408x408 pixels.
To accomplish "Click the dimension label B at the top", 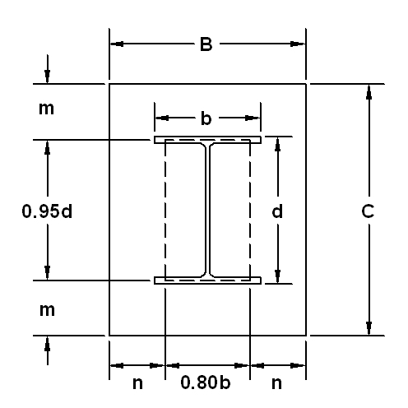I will click(206, 44).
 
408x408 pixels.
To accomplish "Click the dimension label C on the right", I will click(369, 211).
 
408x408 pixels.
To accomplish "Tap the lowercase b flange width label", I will click(206, 118).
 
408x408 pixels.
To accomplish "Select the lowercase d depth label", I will click(278, 211).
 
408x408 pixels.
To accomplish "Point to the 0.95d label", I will click(47, 211).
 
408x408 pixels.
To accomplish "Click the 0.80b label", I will click(207, 382).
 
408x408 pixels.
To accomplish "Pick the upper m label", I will click(47, 108).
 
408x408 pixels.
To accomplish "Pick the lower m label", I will click(47, 309).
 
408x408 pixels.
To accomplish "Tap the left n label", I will click(137, 382).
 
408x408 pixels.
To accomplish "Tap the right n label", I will click(277, 382).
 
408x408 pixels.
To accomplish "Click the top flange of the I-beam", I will click(207, 140).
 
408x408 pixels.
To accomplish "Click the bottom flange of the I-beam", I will click(207, 280).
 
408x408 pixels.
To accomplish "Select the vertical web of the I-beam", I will click(207, 211).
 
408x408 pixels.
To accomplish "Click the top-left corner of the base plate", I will click(109, 84).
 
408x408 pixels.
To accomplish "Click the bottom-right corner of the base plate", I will click(307, 336).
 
